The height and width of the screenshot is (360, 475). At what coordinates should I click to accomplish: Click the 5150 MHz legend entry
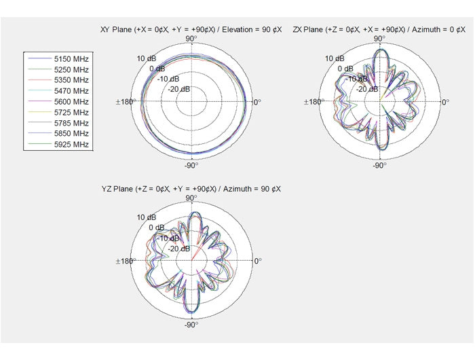click(58, 58)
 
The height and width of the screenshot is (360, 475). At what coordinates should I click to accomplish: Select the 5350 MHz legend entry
click(58, 80)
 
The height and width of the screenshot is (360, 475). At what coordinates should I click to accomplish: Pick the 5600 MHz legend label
click(71, 102)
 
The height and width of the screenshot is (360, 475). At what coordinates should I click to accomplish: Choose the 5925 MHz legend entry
click(58, 145)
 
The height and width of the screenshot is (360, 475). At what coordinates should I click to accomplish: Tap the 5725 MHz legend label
click(71, 113)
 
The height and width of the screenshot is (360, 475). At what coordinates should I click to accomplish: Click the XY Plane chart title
click(191, 30)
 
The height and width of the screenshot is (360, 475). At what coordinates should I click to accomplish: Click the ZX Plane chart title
click(379, 30)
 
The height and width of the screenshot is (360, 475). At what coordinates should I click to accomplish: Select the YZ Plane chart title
click(191, 189)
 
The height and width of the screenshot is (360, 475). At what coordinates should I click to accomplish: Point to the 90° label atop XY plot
click(191, 39)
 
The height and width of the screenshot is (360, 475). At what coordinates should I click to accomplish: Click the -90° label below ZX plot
click(379, 165)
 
